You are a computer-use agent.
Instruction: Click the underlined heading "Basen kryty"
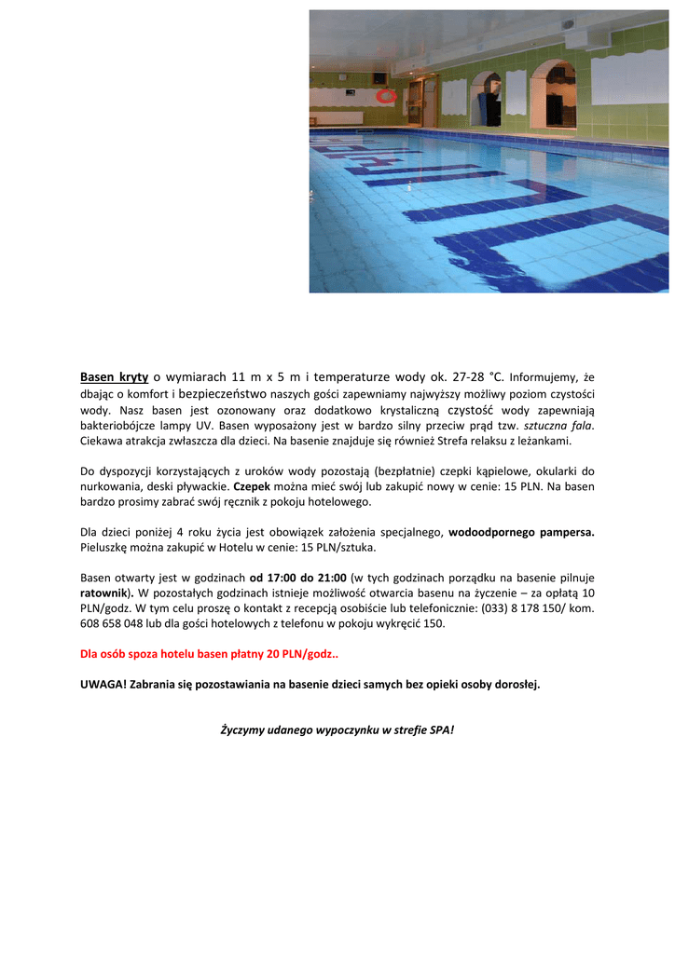(115, 377)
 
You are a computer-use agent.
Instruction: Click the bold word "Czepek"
(251, 486)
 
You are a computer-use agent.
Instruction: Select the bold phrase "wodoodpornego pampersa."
(521, 533)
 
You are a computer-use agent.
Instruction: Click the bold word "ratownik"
(104, 593)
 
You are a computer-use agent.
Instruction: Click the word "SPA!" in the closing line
(442, 729)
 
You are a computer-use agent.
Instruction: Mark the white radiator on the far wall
(337, 118)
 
